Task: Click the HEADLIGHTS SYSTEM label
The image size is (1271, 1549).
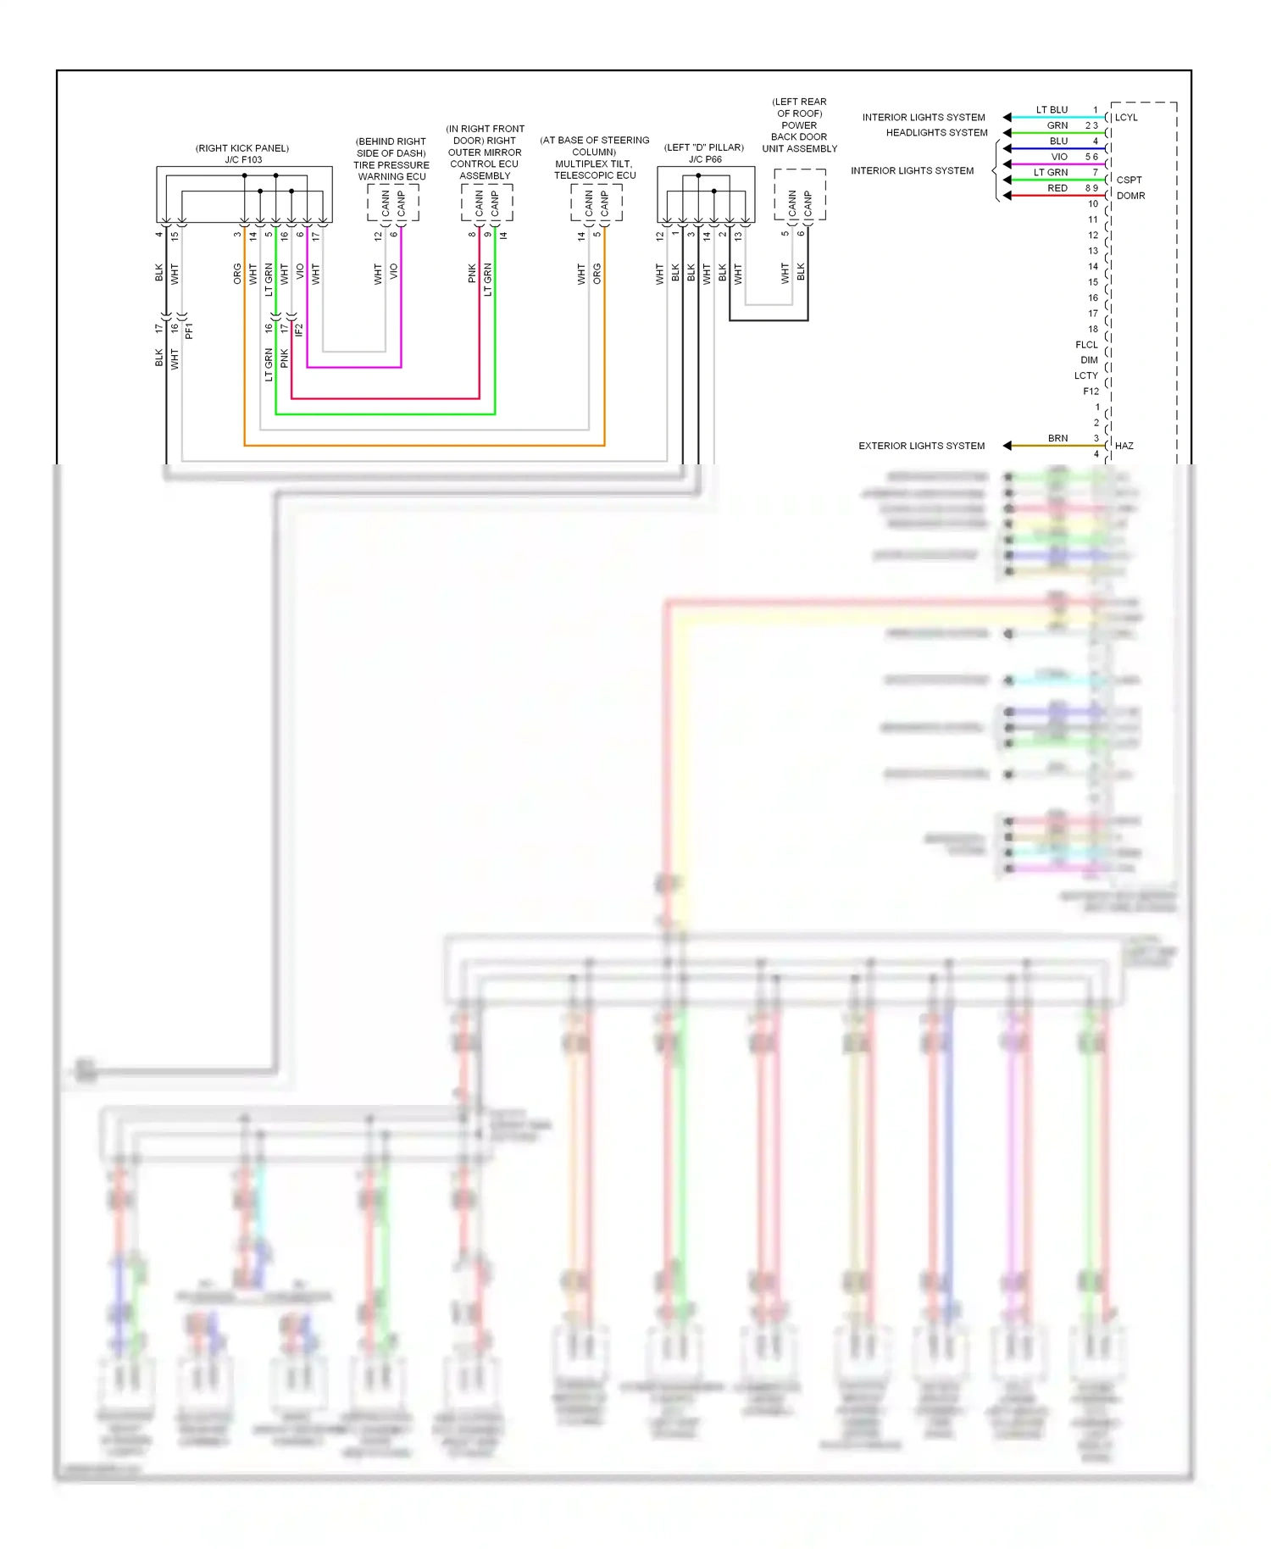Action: [x=936, y=133]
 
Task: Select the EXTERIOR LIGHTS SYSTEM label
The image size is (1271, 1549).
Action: [x=921, y=446]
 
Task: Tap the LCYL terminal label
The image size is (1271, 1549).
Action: [x=1126, y=118]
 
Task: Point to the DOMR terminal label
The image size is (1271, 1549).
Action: [x=1130, y=196]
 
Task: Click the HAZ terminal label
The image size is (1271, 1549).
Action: [x=1124, y=446]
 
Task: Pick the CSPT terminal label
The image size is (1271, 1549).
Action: [x=1129, y=180]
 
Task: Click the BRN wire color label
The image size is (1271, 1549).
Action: [x=1057, y=438]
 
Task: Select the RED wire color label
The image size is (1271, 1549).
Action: [x=1057, y=188]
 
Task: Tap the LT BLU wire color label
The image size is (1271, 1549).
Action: [x=1052, y=110]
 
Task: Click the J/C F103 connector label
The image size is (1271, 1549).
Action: [x=243, y=159]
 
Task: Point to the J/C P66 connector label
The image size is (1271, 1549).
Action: [x=705, y=159]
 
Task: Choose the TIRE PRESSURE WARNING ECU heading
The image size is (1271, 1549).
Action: [x=391, y=171]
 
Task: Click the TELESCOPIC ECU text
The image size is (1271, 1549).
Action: [x=595, y=175]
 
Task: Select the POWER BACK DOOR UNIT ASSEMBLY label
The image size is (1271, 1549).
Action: [x=799, y=136]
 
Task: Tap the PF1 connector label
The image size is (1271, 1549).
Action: [x=189, y=330]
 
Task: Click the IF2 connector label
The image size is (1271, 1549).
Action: [x=298, y=330]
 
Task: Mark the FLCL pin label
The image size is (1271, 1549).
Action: [x=1086, y=345]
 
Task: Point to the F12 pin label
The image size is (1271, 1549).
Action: [x=1091, y=391]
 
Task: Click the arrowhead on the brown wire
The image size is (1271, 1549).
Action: [x=1007, y=446]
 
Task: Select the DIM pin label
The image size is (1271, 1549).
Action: [x=1089, y=360]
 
